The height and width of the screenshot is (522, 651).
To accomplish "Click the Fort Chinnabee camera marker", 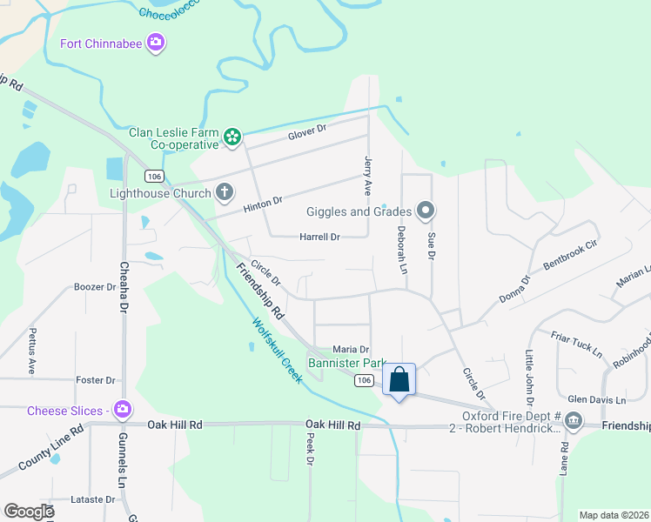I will coord(156,42).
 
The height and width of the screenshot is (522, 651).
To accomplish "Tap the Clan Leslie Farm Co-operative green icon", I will coord(232,135).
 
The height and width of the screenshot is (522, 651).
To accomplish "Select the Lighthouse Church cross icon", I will coord(224,192).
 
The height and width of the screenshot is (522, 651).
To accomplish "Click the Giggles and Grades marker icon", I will coord(426,210).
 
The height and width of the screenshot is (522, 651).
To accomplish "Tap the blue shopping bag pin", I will coord(399,380).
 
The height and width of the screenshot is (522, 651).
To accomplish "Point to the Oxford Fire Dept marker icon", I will coord(574,422).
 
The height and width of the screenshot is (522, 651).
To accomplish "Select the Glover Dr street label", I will coord(306,130).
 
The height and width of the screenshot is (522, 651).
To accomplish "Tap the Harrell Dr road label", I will coord(319,236).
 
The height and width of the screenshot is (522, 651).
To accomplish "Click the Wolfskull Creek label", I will coord(277,351).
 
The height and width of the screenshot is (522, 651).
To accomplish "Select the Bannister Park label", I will coord(347,362).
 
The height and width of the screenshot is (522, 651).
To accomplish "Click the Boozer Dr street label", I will coord(95,286).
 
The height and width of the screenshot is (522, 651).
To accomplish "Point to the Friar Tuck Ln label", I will coord(576,344).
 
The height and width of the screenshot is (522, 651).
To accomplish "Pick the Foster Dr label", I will coord(96,380).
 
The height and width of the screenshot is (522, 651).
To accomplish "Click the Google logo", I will coord(30,512).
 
